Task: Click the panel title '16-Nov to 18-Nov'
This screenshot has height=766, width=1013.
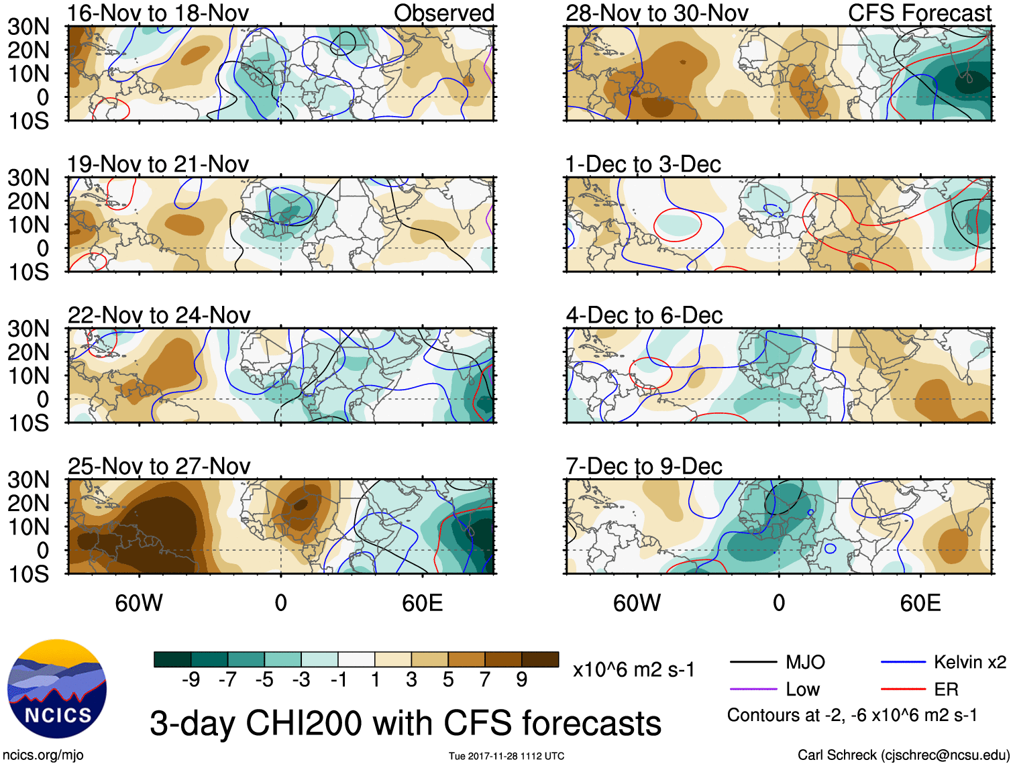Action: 158,13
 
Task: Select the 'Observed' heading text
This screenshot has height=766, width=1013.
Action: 443,13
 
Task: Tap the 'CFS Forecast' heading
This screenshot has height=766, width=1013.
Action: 919,13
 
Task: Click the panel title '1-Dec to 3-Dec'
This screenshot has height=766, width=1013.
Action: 643,164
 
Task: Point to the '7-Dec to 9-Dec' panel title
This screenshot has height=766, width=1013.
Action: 643,466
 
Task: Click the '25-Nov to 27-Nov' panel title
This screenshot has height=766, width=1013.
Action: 159,466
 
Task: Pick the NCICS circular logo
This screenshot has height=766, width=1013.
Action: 57,689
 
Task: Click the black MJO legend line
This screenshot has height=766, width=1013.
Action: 753,663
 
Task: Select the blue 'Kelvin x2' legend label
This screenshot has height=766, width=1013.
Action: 969,663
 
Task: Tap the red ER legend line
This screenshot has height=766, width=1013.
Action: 903,689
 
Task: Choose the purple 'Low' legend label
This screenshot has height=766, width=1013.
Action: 802,690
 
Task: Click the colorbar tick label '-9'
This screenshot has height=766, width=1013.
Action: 191,680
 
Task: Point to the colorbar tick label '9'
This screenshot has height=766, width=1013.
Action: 522,680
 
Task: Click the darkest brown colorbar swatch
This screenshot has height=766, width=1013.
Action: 540,659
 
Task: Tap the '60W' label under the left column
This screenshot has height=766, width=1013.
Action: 139,603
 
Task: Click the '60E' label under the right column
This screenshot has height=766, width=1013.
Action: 920,603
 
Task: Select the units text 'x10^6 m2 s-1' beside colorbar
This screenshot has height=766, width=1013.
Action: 633,669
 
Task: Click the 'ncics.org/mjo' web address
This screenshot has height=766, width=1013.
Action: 43,755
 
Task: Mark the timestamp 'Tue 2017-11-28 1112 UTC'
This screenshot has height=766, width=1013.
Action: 507,756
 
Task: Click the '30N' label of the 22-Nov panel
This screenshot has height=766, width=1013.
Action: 28,329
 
